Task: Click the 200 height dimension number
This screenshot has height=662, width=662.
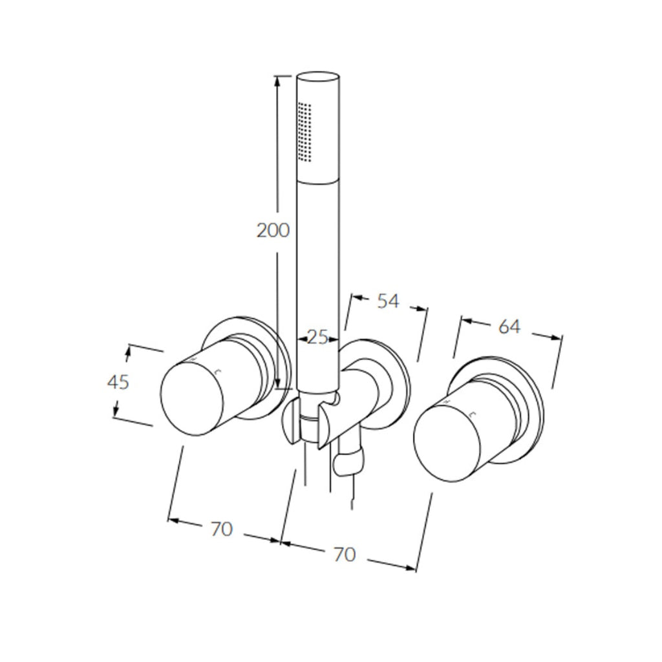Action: tap(273, 230)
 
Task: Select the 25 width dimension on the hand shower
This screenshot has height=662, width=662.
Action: tap(317, 337)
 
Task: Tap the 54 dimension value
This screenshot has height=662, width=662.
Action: tap(388, 301)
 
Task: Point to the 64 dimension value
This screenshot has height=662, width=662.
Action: tap(509, 326)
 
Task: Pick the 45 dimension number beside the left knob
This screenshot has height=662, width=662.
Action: tap(118, 382)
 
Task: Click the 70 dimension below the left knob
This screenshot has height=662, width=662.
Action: tap(221, 528)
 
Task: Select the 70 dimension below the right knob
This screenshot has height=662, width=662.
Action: tap(345, 554)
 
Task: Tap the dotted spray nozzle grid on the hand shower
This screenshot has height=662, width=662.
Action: tap(306, 130)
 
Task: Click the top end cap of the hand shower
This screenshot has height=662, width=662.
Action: tap(317, 76)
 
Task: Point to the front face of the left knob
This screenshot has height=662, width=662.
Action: tap(192, 398)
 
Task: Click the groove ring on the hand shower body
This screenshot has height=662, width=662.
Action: tap(317, 181)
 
